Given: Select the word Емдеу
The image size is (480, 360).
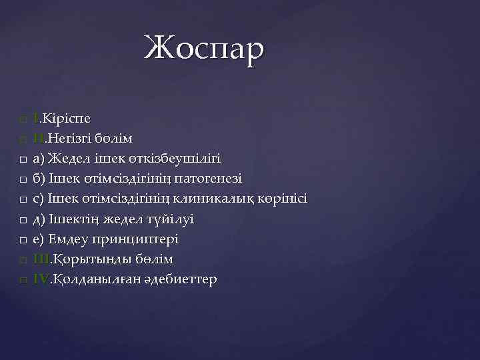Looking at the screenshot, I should (x=65, y=239).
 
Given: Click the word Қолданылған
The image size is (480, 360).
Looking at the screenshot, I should (x=94, y=279).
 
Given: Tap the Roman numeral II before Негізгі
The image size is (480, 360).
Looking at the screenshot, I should (x=39, y=139).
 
